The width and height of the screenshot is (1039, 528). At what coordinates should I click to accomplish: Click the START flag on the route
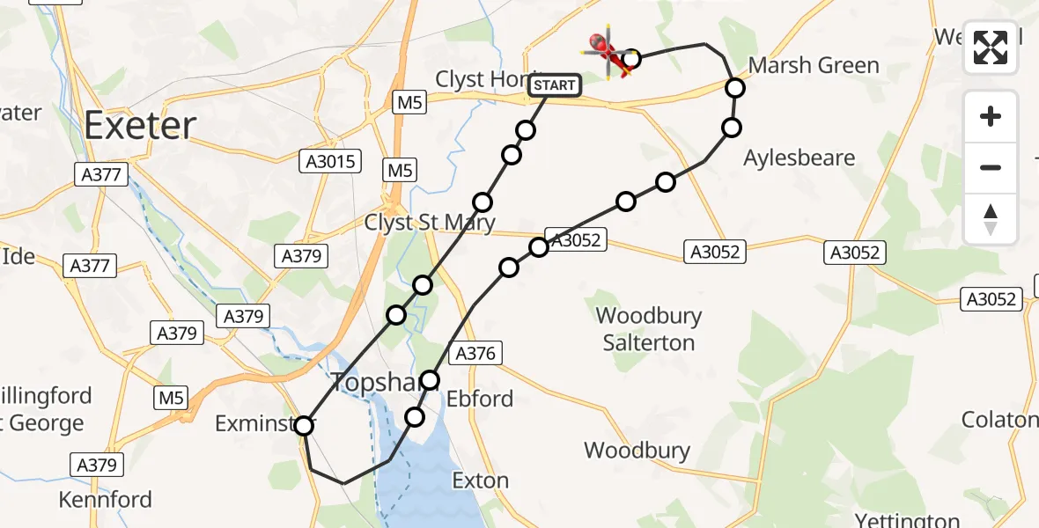[x=555, y=85]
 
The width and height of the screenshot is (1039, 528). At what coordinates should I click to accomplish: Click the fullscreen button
[x=991, y=48]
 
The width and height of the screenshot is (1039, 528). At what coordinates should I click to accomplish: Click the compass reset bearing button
[x=991, y=218]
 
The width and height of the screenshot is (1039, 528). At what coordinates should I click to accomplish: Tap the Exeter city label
[x=140, y=126]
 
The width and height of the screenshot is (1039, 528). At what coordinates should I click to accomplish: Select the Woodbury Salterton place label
[x=649, y=329]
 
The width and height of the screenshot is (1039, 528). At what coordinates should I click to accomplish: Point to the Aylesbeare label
[x=799, y=158]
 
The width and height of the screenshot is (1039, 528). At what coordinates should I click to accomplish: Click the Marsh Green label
[x=814, y=65]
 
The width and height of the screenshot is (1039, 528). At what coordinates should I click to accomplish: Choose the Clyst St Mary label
[x=430, y=223]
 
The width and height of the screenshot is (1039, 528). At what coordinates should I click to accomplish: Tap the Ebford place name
[x=479, y=399]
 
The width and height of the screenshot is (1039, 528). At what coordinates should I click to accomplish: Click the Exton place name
[x=480, y=480]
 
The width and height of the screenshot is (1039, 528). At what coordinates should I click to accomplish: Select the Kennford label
[x=105, y=500]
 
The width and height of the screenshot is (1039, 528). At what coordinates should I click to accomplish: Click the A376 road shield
[x=476, y=354]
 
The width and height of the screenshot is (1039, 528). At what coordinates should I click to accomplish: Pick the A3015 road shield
[x=330, y=161]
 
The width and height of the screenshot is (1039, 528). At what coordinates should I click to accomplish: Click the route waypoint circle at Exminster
[x=304, y=426]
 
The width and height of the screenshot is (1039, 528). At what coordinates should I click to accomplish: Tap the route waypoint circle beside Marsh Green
[x=735, y=87]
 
